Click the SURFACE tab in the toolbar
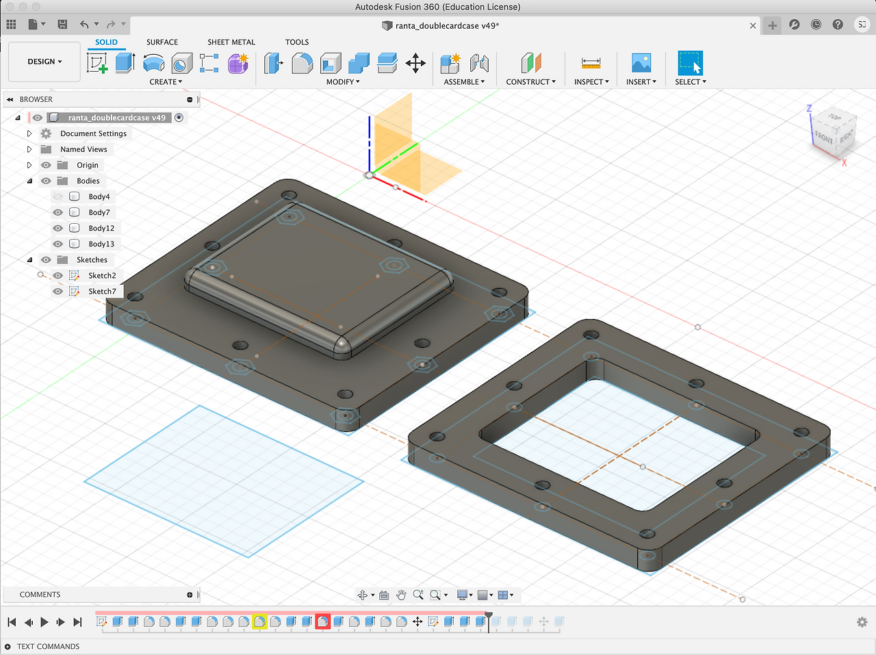(162, 42)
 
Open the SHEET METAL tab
(231, 42)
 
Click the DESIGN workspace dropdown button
(44, 62)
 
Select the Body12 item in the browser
(101, 228)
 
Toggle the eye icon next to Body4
(58, 196)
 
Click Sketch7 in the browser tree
(102, 292)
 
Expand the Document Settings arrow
(29, 133)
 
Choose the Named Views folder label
(83, 149)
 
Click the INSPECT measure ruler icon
(591, 63)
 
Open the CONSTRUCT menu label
(530, 82)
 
